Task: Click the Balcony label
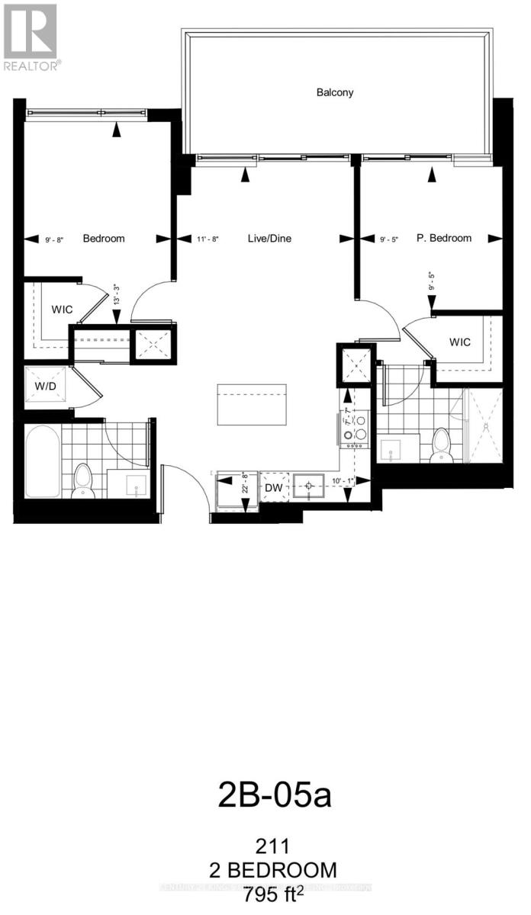pos(335,92)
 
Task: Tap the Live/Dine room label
pos(269,239)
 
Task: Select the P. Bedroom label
pos(443,238)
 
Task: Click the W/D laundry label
pos(46,386)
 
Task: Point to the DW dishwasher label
pos(274,486)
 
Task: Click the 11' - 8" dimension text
pos(204,239)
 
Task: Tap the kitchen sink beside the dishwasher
pos(309,485)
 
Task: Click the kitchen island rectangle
pos(252,405)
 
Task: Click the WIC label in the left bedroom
pos(62,310)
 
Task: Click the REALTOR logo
pos(31,36)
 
